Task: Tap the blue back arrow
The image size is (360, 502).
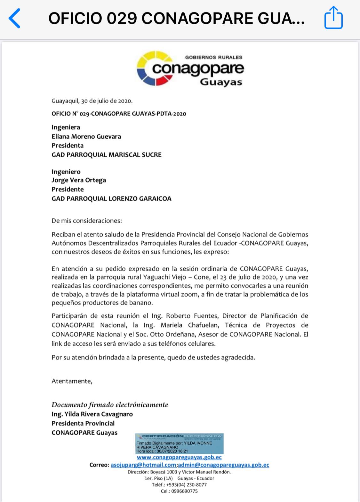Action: coord(15,18)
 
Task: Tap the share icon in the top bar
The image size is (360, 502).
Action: coord(333,18)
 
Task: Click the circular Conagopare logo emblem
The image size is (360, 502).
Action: coord(155,68)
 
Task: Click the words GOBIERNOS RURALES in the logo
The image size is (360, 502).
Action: coord(213,57)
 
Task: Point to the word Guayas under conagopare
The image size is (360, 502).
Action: coord(221,82)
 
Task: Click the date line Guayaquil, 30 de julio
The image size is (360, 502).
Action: coord(92,101)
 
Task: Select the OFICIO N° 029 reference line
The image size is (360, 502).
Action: coord(119,114)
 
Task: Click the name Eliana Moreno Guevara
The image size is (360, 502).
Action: coord(86,136)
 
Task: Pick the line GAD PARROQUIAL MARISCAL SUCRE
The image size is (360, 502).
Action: coord(106,155)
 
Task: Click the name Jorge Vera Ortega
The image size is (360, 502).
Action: coord(79,180)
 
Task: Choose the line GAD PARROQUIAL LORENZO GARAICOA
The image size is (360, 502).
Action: coord(111,198)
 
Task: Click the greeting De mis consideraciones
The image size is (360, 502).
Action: coord(87,221)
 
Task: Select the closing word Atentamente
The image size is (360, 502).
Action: coord(72,381)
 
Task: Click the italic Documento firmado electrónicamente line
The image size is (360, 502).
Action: coord(110,405)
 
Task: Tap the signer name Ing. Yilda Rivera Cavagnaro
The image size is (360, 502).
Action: coord(92,414)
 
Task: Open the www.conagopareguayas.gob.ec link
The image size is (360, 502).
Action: coord(179,457)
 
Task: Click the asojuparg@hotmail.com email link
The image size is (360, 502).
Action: coord(143,465)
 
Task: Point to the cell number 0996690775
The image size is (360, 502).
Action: coord(184,491)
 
